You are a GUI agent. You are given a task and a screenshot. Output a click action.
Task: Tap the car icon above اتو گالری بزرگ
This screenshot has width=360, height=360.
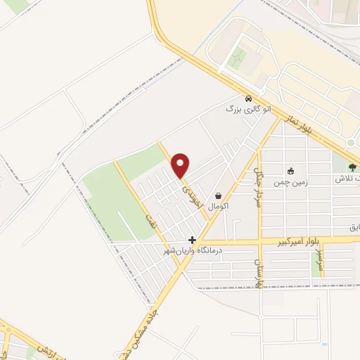tap(248, 98)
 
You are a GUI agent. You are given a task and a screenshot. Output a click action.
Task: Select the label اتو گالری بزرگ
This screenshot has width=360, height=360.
tap(243, 109)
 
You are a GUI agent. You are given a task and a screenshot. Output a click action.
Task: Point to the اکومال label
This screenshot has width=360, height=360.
tap(218, 207)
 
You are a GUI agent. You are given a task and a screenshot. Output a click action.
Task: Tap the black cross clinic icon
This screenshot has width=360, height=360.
tap(192, 240)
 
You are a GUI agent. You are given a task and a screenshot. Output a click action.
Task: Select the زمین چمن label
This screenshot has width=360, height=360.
tap(290, 181)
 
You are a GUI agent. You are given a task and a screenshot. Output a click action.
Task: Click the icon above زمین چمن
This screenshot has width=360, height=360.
tap(290, 170)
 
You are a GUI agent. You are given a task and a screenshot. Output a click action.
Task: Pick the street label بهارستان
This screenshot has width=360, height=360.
tap(256, 271)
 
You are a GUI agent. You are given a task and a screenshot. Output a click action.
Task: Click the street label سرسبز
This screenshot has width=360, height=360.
tap(321, 261)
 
